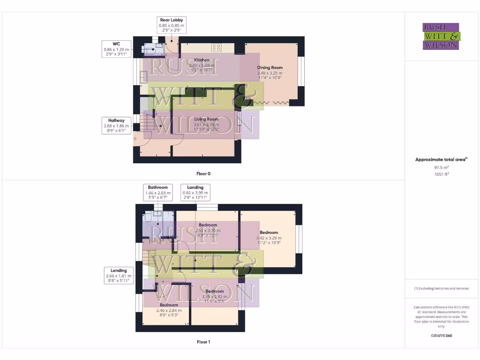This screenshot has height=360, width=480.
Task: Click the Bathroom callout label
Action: point(158,192)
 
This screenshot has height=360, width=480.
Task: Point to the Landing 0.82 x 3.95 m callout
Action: point(195,192)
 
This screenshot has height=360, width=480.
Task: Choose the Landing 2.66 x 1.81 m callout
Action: point(119,276)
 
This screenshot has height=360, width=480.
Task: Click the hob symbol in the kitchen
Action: point(217,47)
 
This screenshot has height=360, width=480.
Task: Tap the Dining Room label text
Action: point(270,67)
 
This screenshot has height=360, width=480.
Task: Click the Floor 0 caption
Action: point(203,174)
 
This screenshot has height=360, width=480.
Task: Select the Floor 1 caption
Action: point(203,342)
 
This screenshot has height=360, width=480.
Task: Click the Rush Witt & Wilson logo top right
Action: point(442,37)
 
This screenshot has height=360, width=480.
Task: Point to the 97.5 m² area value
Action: point(442,167)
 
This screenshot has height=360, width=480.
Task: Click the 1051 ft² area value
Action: point(442,174)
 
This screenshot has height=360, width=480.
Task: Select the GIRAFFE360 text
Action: point(442,336)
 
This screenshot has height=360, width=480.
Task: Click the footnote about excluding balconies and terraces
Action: point(442,288)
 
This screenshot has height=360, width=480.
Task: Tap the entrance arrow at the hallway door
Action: point(136,139)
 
